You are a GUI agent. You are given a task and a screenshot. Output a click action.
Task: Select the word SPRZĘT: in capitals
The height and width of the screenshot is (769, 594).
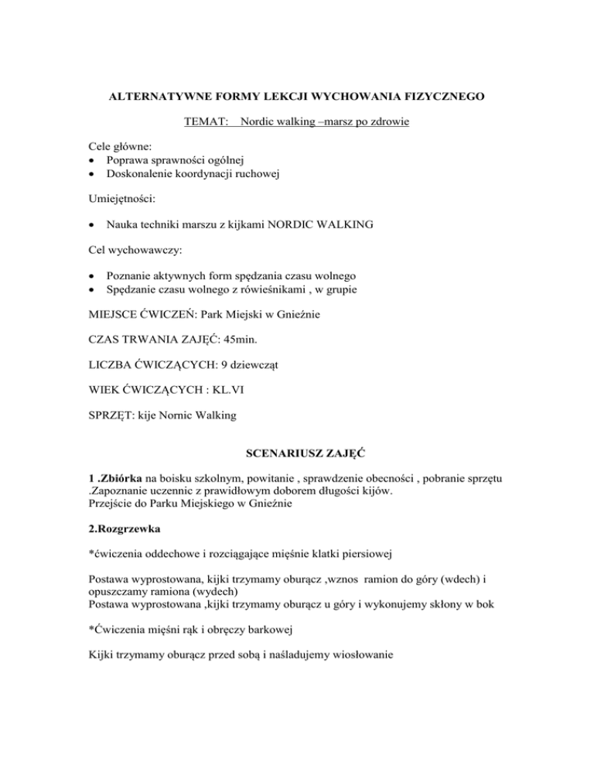tap(111, 415)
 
